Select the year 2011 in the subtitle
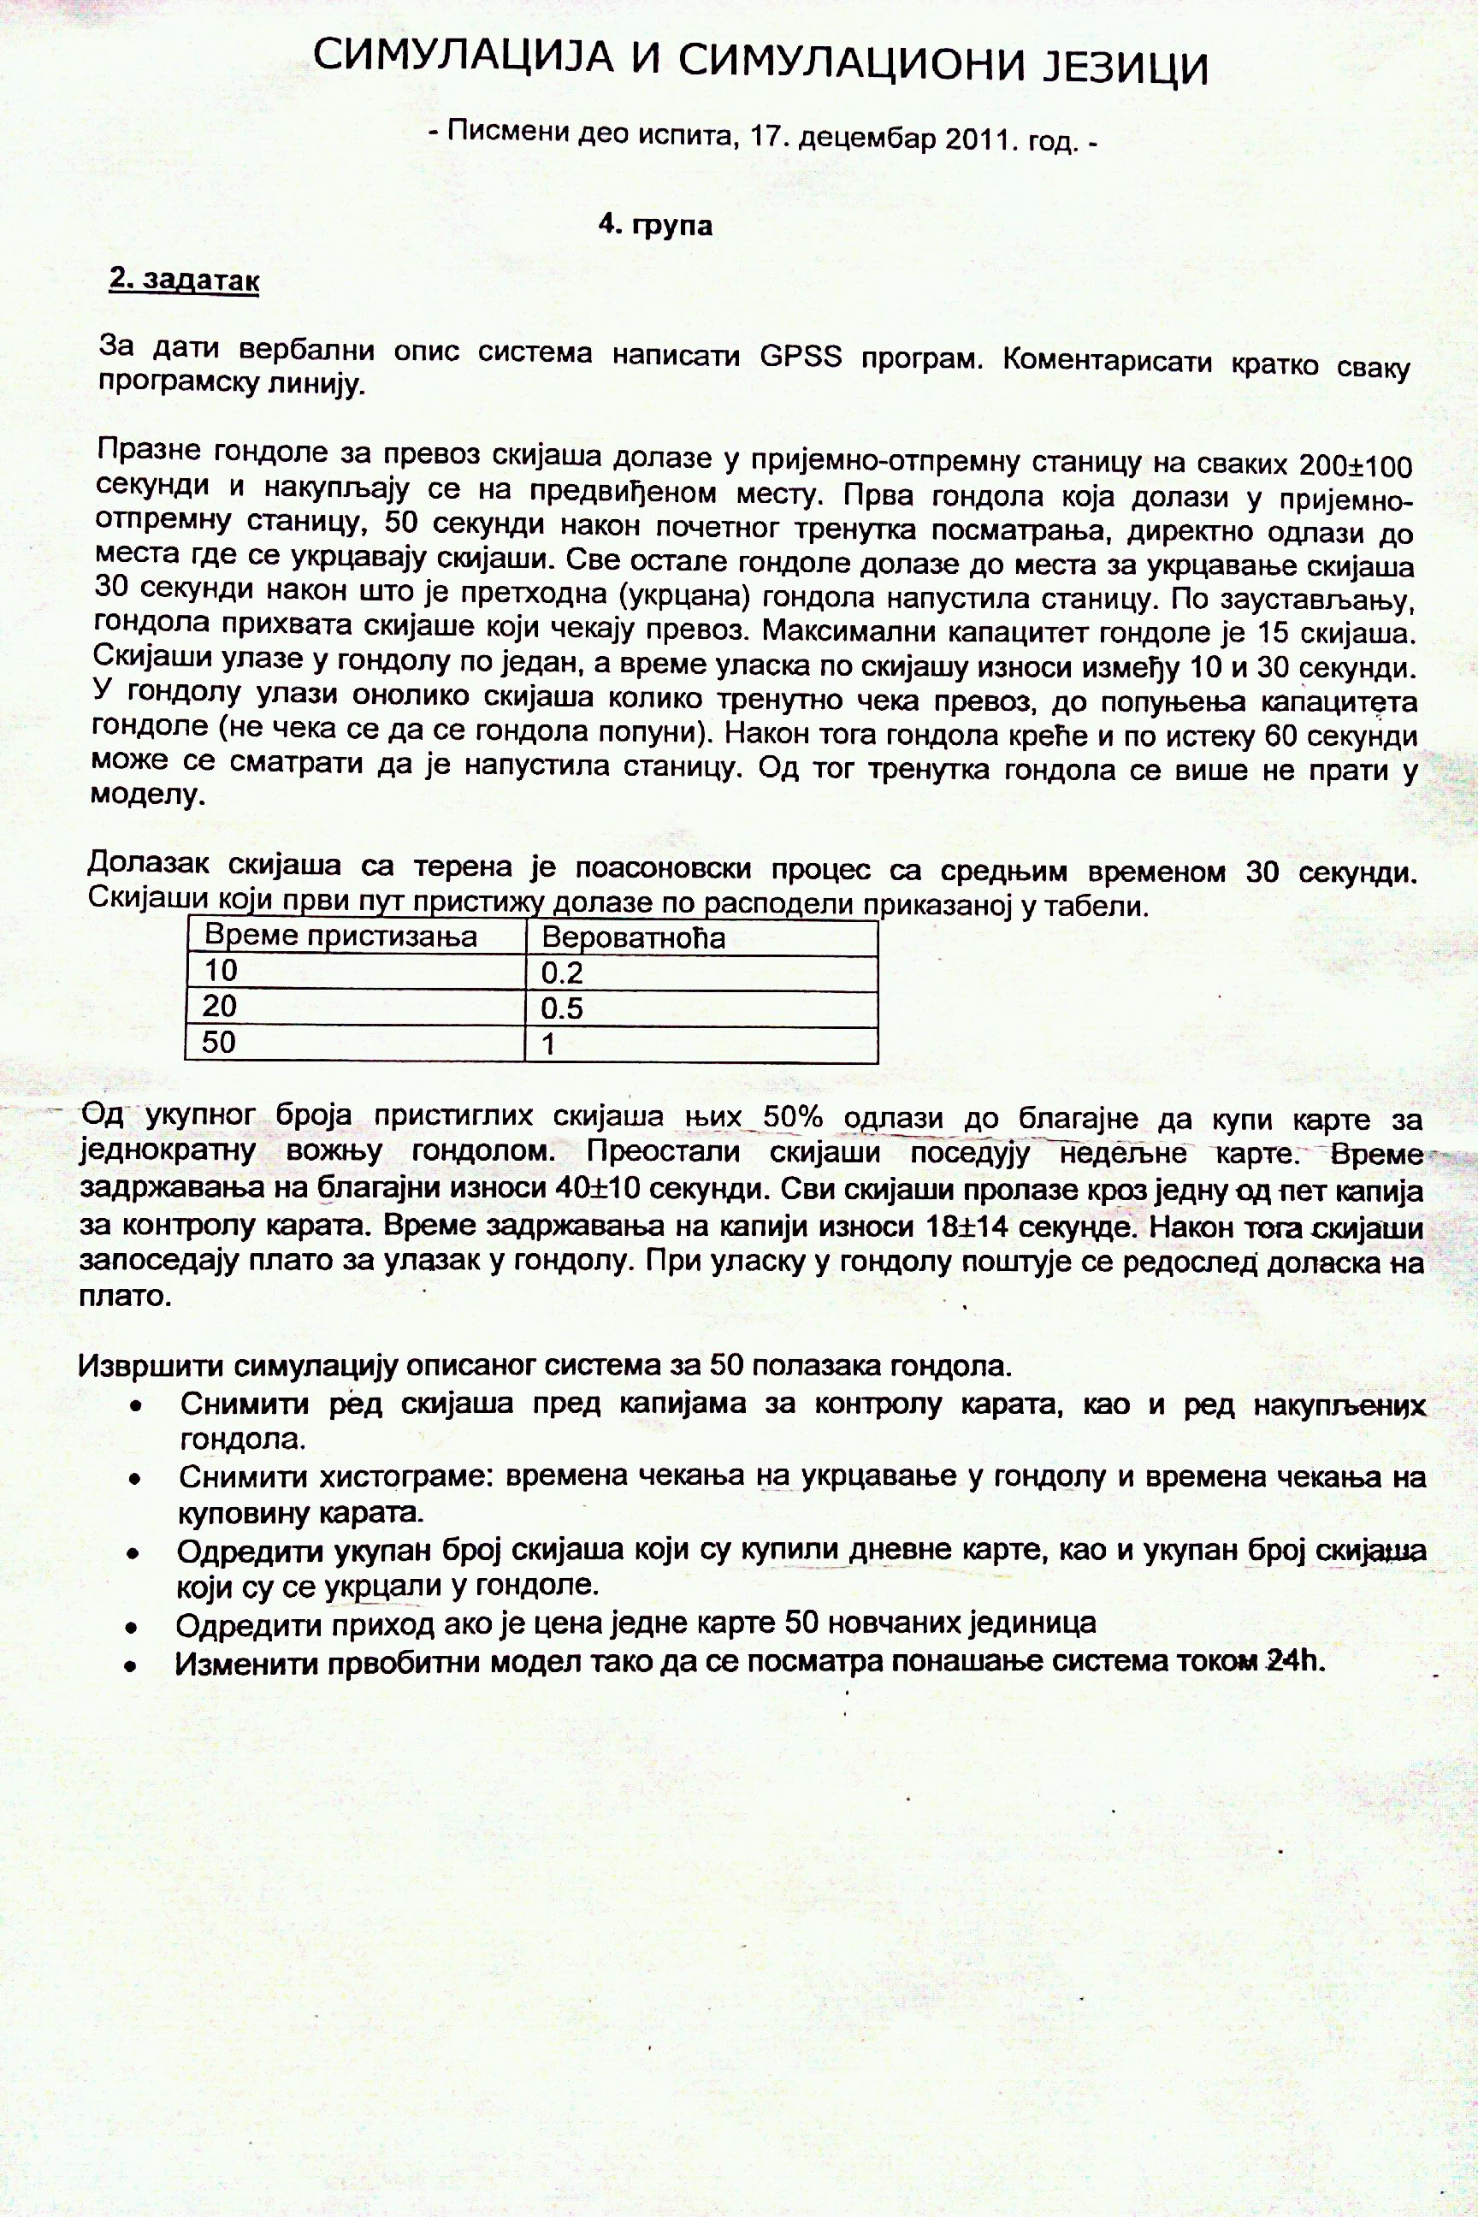tap(984, 139)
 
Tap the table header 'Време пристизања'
tap(340, 937)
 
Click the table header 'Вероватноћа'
tap(634, 938)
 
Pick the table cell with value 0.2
tap(562, 973)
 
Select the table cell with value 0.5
tap(562, 1008)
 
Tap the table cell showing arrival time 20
tap(220, 1006)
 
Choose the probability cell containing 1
tap(547, 1044)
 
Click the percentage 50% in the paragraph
tap(793, 1117)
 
